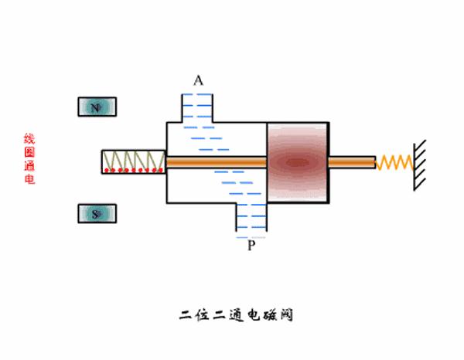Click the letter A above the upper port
[x=199, y=80]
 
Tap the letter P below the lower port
[x=251, y=246]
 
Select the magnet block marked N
[x=97, y=107]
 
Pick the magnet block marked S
[x=97, y=214]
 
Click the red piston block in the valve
[x=297, y=162]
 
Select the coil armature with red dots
[x=133, y=161]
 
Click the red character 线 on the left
[x=29, y=139]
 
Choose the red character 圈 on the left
[x=29, y=152]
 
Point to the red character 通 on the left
[x=29, y=166]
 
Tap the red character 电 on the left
[x=29, y=179]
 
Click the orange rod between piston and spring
[x=352, y=162]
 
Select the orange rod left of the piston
[x=217, y=162]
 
